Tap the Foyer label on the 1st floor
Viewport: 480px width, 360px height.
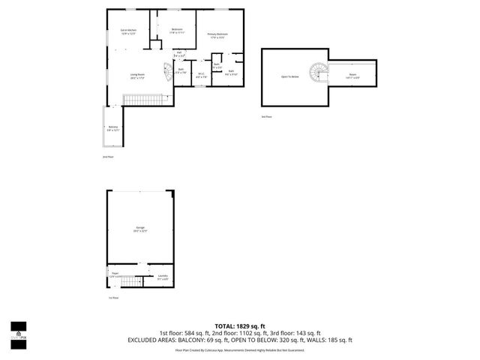115,274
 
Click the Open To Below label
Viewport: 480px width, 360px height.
290,76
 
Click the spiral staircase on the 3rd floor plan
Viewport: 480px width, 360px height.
321,73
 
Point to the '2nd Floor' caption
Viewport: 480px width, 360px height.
108,157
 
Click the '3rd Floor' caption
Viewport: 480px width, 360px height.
266,117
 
